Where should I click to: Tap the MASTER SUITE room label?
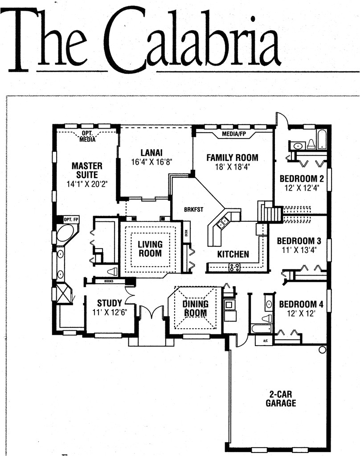(87, 170)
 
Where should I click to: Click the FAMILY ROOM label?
(232, 158)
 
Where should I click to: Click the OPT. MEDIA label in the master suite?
(87, 136)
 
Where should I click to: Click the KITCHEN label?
(233, 255)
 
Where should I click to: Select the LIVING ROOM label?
(150, 248)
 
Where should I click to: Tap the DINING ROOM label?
(196, 308)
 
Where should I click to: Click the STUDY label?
(110, 304)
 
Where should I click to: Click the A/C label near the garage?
(265, 341)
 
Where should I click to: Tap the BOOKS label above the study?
(109, 281)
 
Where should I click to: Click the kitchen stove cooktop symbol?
(235, 267)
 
